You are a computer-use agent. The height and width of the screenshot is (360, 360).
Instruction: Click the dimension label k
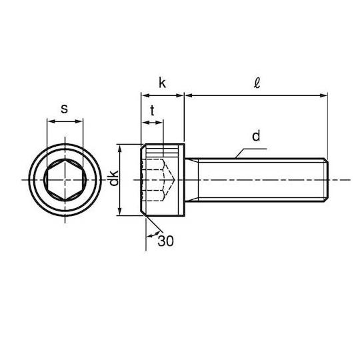[x=162, y=83]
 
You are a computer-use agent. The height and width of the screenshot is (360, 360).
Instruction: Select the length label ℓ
[x=257, y=83]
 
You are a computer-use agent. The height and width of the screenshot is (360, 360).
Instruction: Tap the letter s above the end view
[x=64, y=109]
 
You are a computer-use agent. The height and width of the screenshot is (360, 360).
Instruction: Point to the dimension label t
[x=152, y=111]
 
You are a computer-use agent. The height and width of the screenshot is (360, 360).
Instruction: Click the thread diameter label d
[x=256, y=136]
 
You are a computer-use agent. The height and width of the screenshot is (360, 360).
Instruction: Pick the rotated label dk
[x=113, y=178]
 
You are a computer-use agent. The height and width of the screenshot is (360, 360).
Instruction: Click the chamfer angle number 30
[x=165, y=241]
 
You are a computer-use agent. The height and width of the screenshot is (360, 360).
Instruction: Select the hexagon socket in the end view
[x=65, y=180]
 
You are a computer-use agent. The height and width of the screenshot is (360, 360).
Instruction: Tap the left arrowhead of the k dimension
[x=145, y=95]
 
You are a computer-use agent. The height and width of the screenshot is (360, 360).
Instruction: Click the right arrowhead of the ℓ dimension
[x=323, y=95]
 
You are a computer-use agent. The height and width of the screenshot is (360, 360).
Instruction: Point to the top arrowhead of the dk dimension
[x=119, y=148]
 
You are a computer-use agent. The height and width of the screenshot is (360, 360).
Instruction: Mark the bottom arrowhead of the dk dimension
[x=119, y=211]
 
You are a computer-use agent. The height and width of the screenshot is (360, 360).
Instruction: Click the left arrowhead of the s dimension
[x=51, y=121]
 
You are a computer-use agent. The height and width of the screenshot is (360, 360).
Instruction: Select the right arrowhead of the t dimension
[x=160, y=123]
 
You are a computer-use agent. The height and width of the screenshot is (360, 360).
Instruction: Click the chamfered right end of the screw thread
[x=326, y=180]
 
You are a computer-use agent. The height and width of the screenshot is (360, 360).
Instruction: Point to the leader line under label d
[x=251, y=153]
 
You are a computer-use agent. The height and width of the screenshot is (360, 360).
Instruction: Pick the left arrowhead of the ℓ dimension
[x=189, y=95]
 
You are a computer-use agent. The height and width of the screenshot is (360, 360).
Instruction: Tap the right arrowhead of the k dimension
[x=179, y=95]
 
